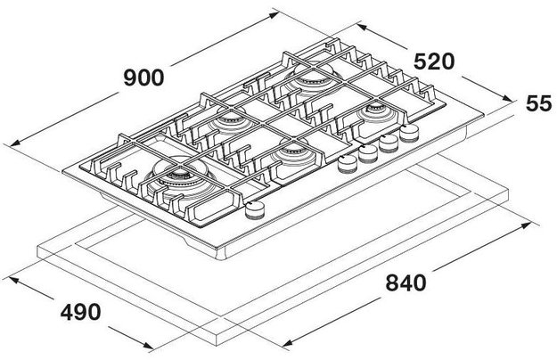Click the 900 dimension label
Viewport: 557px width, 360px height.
point(143,78)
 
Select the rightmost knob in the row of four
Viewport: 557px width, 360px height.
point(409,135)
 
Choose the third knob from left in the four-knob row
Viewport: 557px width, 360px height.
point(389,143)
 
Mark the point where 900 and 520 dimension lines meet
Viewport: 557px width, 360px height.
point(275,12)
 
